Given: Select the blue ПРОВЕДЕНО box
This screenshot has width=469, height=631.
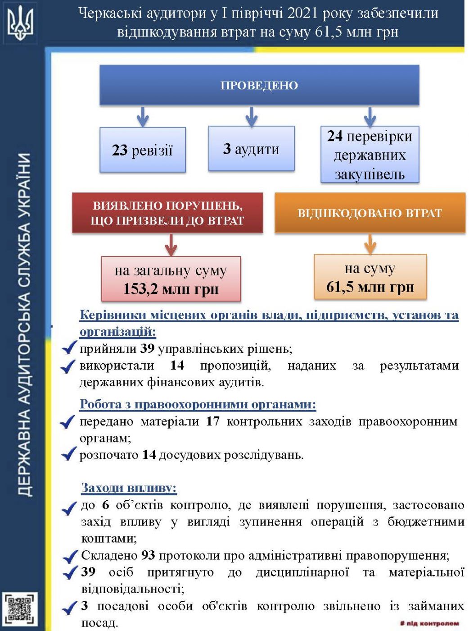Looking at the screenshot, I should pos(259,85).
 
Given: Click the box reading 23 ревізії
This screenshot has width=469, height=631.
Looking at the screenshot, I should pos(142,150).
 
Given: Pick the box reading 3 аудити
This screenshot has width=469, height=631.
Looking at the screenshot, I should pos(251,149).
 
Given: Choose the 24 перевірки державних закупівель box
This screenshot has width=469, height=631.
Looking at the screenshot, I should pos(370,155).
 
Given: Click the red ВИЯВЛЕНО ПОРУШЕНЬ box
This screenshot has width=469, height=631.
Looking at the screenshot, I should pos(167,213).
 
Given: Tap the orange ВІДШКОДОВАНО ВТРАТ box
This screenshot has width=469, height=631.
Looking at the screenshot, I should pos(370,213).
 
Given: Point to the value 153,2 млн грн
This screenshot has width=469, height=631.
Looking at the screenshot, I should pos(171,288).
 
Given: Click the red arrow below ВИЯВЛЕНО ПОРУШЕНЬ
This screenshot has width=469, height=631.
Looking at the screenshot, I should pos(171,245).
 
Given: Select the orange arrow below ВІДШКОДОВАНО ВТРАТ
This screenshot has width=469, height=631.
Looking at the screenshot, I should pos(370,243).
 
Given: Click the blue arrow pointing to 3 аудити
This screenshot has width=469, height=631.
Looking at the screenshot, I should pos(252,116).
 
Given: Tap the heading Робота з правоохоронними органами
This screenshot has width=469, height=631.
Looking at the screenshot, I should pos(198,404).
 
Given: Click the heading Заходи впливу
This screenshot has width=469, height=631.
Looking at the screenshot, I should pos(129,488).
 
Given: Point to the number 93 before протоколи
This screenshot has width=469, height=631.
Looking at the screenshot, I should pos(148,555).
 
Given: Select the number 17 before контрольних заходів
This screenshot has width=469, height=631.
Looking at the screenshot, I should pos(213,421).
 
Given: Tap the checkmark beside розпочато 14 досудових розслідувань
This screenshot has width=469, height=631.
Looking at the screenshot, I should pos(69,454).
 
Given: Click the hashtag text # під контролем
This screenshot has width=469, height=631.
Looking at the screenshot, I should pos(429,624).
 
